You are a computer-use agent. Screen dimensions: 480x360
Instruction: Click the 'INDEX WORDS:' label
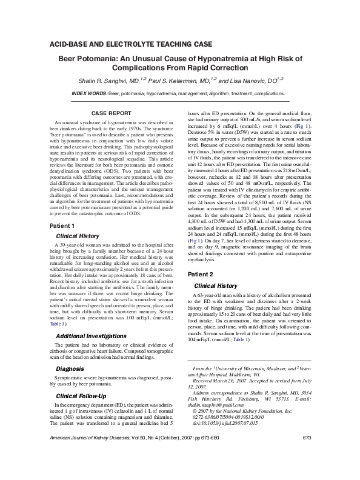coord(89,94)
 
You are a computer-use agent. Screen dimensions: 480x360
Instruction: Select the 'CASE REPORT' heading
coord(111,113)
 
